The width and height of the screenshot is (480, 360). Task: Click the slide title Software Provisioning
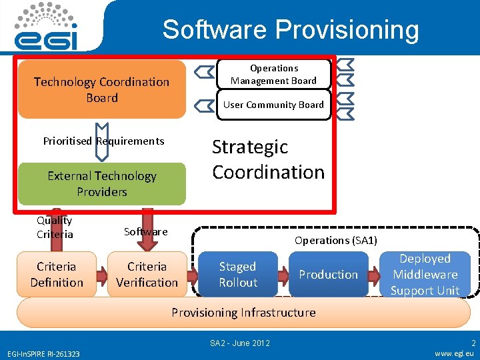291,30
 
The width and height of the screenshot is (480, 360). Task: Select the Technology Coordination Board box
102,89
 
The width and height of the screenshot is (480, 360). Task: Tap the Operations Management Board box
273,74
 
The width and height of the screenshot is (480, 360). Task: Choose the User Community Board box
273,105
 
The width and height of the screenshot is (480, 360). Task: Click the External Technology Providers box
101,183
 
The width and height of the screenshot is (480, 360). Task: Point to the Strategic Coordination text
268,159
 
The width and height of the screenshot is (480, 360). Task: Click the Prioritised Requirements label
103,141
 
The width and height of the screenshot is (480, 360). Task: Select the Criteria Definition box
57,274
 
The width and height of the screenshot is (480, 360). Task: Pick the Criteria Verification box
147,274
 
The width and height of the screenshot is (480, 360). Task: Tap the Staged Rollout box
238,274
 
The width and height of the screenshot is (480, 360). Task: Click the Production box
328,274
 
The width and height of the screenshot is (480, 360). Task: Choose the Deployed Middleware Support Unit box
425,274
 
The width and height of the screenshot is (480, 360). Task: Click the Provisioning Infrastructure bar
243,312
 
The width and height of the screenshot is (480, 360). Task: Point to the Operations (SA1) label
336,240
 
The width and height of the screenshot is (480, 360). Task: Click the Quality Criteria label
55,227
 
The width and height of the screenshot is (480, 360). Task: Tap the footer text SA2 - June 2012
240,343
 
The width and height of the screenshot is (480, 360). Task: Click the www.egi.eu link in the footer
454,353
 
